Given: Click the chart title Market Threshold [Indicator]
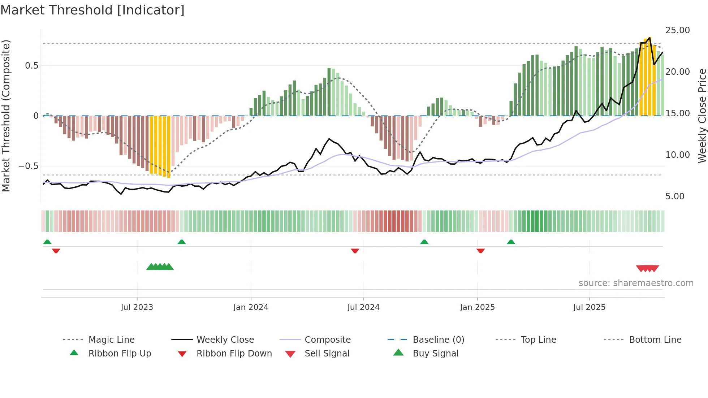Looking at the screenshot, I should [92, 10].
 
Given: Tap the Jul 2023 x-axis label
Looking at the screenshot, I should [137, 307].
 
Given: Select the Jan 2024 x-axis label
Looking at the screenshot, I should [251, 307].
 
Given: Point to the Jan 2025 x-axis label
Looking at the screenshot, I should [477, 307].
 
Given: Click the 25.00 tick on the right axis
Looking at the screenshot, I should [677, 30].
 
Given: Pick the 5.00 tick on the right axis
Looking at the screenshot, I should [674, 196].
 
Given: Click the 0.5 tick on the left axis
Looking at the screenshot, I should [31, 66].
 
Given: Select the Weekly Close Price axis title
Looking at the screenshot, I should [702, 116].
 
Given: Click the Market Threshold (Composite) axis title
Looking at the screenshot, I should [6, 116].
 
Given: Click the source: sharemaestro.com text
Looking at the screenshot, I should [636, 283].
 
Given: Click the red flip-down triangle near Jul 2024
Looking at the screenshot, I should [355, 251].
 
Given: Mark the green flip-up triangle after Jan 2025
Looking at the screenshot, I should [511, 242].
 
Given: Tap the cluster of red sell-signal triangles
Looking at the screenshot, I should [647, 268].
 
